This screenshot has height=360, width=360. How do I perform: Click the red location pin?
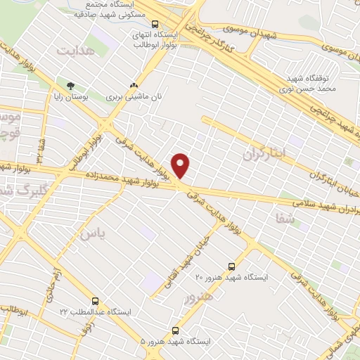point(181,165)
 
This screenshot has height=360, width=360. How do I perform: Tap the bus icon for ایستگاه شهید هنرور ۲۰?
point(232,266)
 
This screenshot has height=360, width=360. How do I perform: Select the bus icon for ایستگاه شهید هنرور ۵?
point(175,330)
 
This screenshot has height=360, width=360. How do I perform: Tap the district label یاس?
point(91,233)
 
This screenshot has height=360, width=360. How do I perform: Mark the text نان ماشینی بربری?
point(129,96)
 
